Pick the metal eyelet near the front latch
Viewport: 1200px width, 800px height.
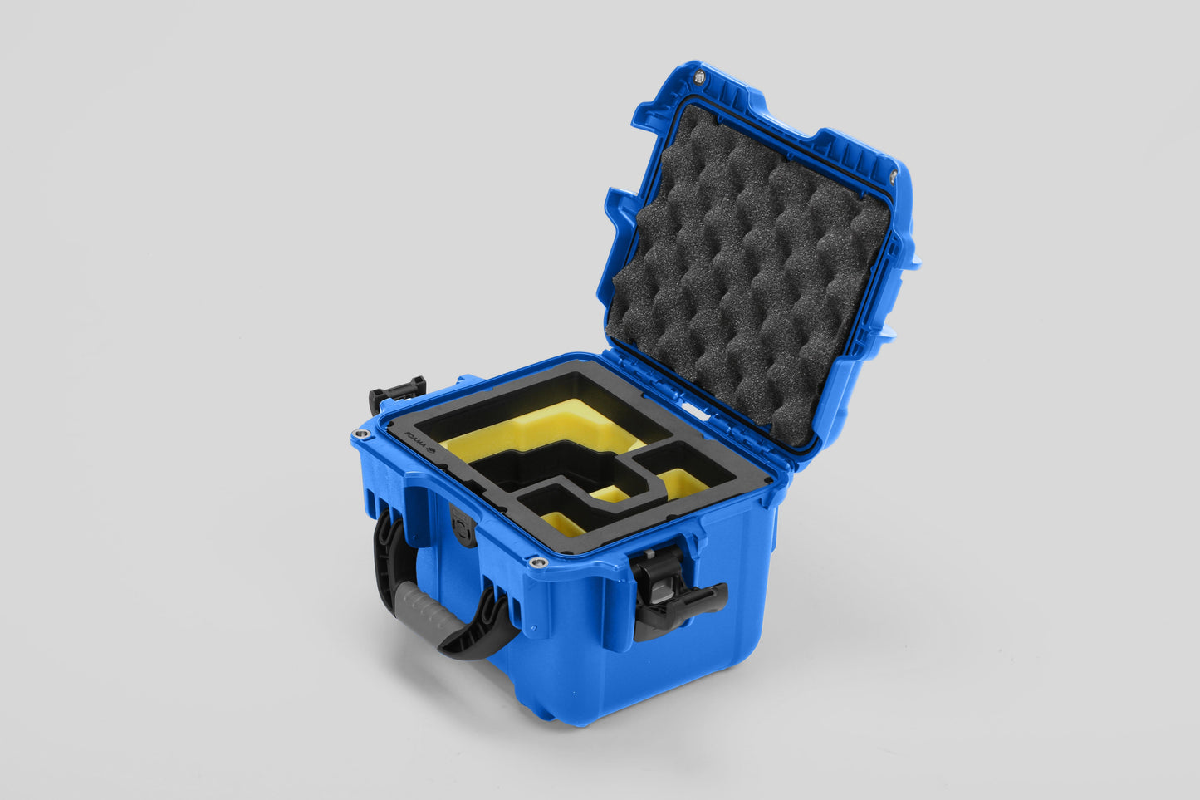tap(540, 564)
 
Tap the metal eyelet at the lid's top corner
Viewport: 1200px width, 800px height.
tap(698, 76)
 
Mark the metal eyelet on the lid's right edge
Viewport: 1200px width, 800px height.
tap(894, 175)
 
